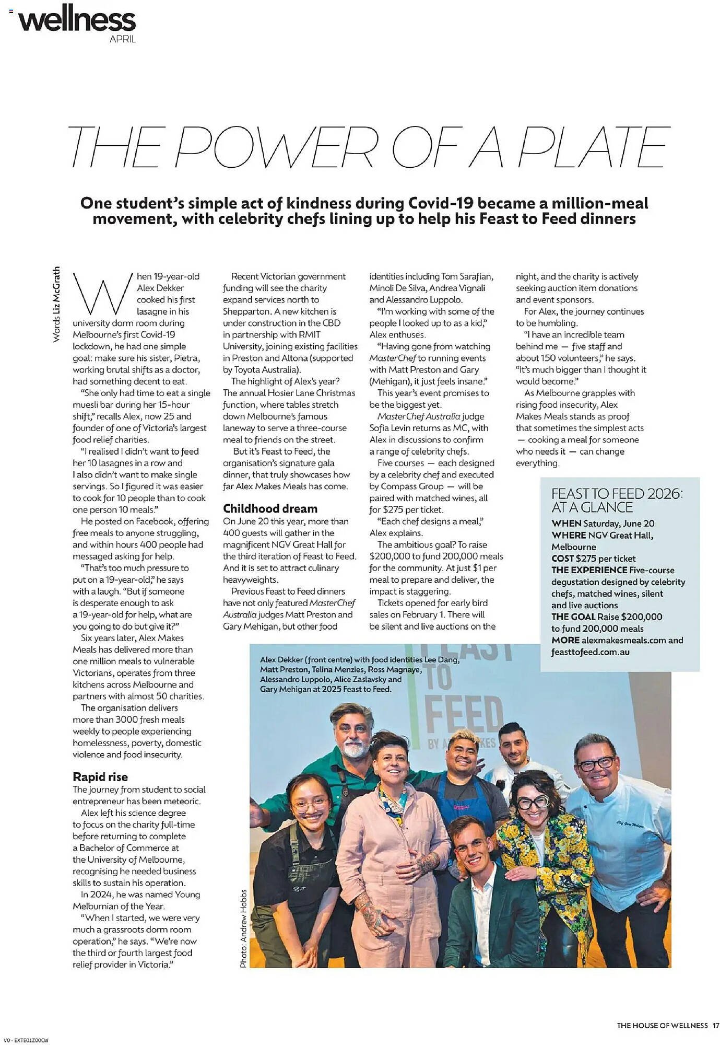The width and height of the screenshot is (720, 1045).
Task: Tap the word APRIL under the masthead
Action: click(x=123, y=39)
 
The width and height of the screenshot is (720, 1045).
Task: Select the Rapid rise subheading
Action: click(x=100, y=776)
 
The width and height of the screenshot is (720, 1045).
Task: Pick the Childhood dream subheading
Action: click(x=270, y=508)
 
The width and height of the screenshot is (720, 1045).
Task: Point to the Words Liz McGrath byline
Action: click(x=56, y=305)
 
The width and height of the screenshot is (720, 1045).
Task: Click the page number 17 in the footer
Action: click(x=716, y=1026)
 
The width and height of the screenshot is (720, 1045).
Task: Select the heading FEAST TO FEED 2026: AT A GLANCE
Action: click(x=617, y=501)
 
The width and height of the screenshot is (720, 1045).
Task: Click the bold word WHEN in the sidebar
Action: click(x=566, y=524)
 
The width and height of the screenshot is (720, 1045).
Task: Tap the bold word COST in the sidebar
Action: click(x=562, y=559)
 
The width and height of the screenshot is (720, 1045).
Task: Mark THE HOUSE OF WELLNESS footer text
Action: click(x=662, y=1026)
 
